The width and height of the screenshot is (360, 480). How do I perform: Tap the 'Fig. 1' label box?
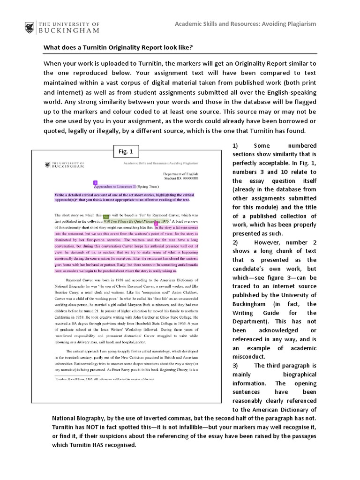pos(126,151)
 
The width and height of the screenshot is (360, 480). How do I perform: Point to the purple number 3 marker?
pos(95,182)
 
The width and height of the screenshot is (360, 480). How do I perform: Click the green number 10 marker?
pos(105,217)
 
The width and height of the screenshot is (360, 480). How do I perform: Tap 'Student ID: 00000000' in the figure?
pos(181,179)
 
